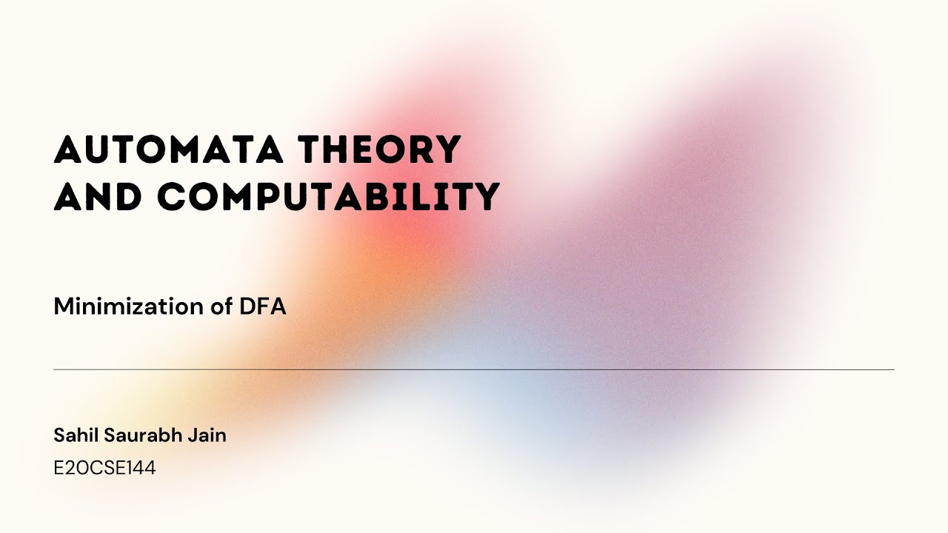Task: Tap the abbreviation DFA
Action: coord(262,306)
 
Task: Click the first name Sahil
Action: coord(74,435)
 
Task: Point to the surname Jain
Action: coord(210,435)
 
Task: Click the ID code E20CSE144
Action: coord(104,468)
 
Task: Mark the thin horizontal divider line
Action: coord(474,369)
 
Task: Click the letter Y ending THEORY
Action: coord(447,150)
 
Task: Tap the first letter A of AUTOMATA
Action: coord(68,150)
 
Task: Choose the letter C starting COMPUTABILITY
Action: coord(174,196)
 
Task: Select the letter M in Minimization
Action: coord(62,306)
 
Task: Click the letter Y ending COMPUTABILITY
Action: coord(486,196)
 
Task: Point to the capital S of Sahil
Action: coord(59,435)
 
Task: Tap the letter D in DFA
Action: coord(246,306)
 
